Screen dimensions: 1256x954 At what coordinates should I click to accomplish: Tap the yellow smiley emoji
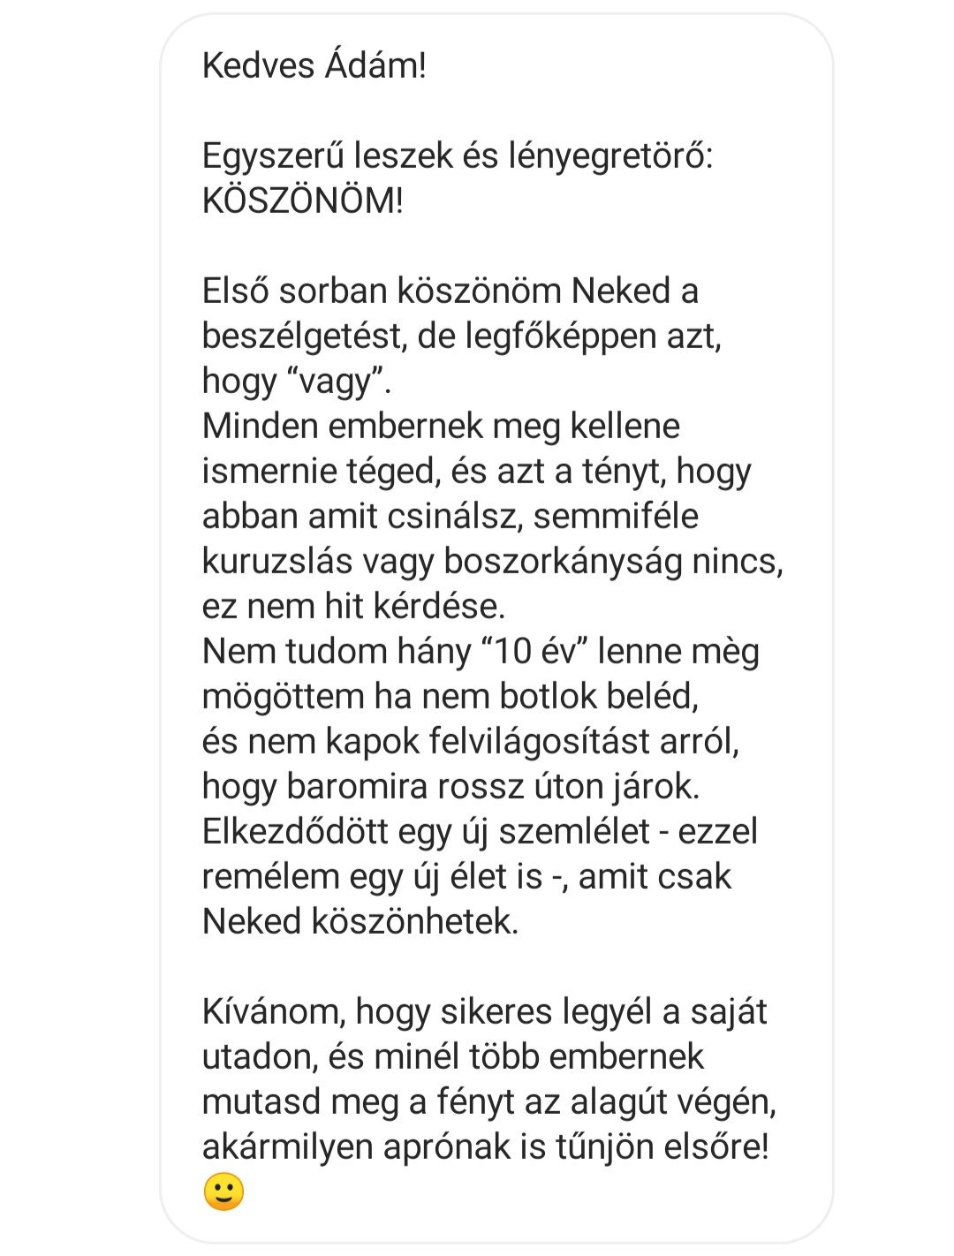tap(224, 1192)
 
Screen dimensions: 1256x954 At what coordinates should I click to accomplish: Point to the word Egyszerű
tap(272, 156)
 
